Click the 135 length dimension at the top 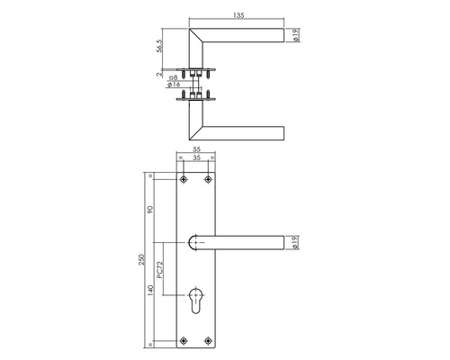coord(238,15)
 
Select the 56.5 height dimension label coord(159,46)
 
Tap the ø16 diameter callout coord(174,85)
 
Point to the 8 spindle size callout coord(174,77)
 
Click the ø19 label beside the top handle coord(295,35)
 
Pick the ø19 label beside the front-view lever coord(295,243)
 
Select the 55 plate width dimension coord(196,149)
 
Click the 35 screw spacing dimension coord(196,157)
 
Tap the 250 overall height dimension coord(141,260)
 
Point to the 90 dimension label coord(150,210)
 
